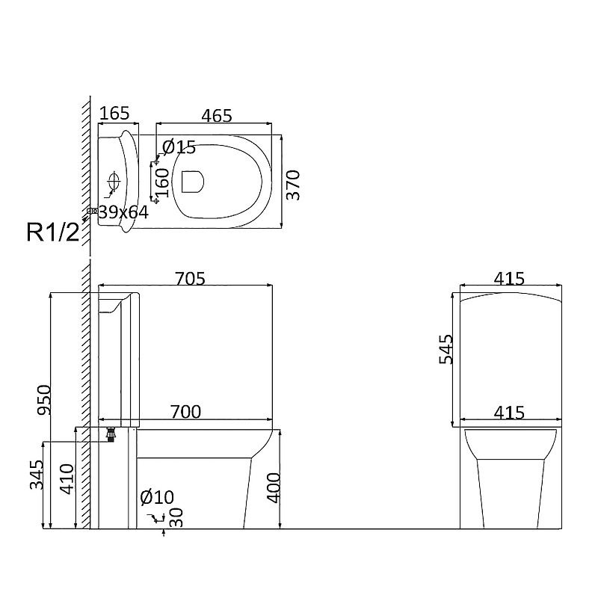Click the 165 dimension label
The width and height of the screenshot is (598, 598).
(x=114, y=114)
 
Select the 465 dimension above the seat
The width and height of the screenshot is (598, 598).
(x=217, y=116)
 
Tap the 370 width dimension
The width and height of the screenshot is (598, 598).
(x=293, y=185)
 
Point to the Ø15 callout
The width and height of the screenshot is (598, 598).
(x=179, y=147)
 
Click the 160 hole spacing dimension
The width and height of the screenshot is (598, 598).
(x=163, y=182)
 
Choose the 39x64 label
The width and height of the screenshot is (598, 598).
(x=123, y=212)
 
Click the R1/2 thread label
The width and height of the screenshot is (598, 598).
(x=53, y=232)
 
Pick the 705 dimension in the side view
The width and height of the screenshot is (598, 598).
(x=190, y=279)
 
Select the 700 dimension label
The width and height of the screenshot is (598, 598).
(x=185, y=412)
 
